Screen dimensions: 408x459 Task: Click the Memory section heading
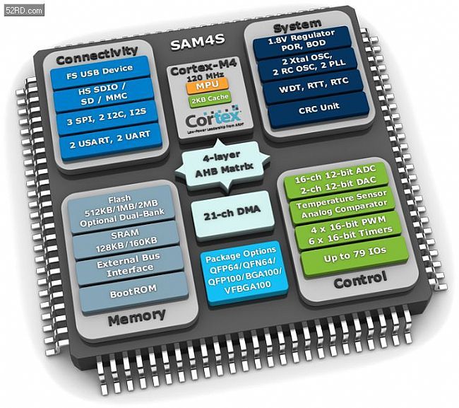[138, 317]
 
